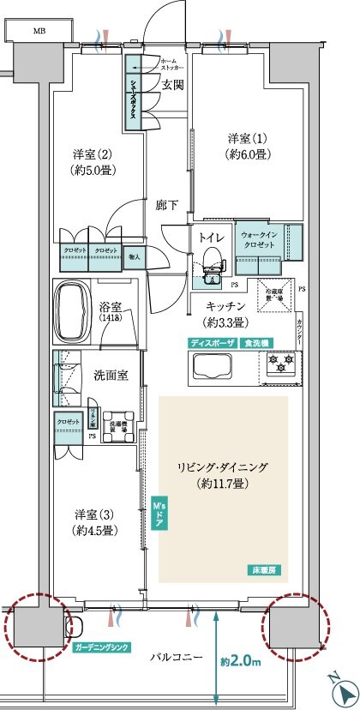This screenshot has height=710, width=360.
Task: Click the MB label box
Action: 39,31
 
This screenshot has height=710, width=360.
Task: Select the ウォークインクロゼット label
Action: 259,240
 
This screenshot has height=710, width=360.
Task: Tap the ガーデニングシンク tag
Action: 101,647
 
